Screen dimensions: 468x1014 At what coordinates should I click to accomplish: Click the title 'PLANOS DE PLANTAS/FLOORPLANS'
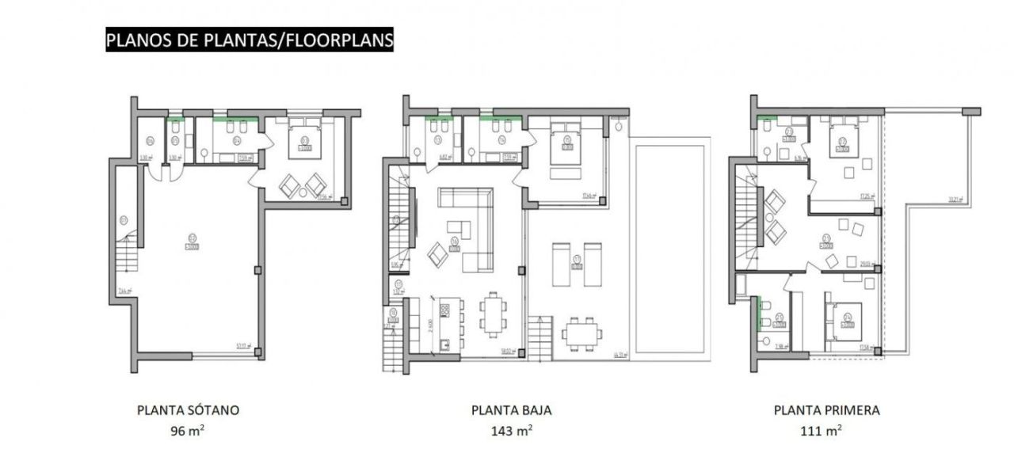tap(249, 40)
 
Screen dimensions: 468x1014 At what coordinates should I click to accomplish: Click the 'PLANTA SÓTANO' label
tap(188, 410)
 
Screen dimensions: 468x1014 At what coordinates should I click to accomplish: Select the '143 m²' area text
tap(511, 431)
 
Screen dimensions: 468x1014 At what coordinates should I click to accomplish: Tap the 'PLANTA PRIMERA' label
tap(826, 410)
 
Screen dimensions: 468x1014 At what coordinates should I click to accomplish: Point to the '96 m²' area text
tap(188, 431)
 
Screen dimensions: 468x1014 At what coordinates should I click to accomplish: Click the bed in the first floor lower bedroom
tap(847, 321)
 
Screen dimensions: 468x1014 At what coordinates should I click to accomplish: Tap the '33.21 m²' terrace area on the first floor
tap(955, 200)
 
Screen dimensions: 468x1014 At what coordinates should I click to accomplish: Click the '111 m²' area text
tap(826, 431)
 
